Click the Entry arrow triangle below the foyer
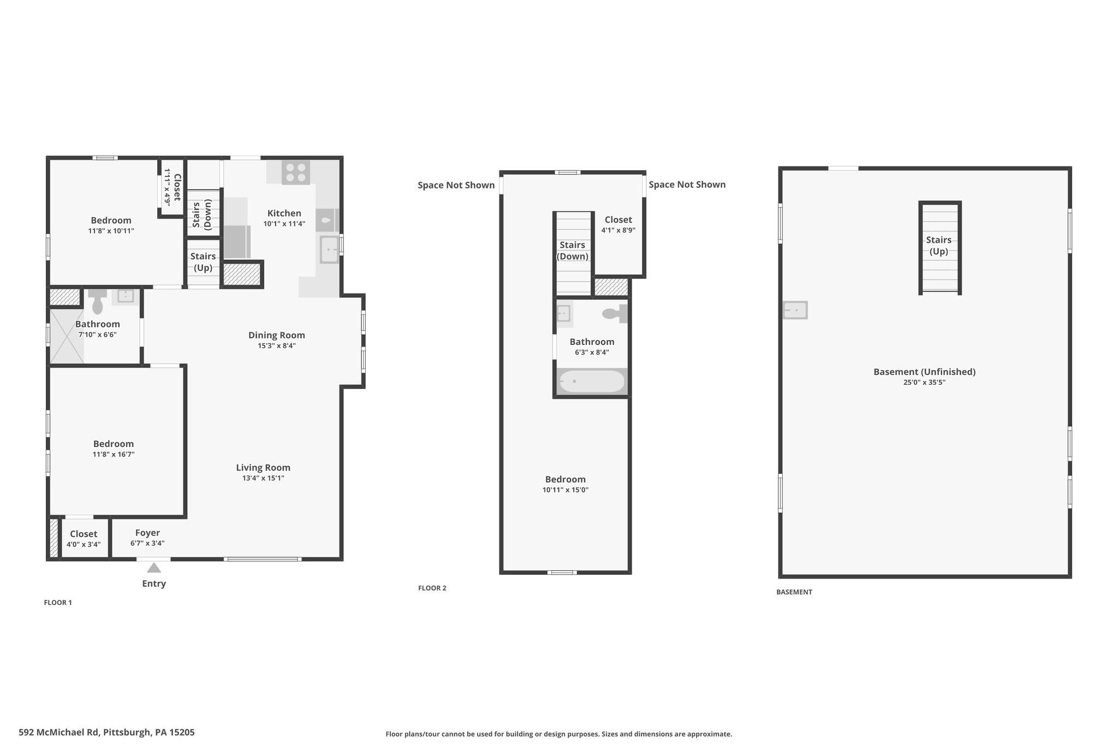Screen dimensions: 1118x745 point(154,568)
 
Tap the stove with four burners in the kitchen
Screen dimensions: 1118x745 point(296,172)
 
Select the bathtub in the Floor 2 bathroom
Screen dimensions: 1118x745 point(592,382)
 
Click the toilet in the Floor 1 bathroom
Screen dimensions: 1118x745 point(98,302)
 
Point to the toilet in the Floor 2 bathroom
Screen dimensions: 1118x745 point(615,314)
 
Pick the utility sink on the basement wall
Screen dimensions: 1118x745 point(795,310)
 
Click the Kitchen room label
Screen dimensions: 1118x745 point(284,213)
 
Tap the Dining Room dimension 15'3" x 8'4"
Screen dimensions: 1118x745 point(277,345)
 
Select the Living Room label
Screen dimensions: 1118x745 point(263,468)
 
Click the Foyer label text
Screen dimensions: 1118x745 point(147,533)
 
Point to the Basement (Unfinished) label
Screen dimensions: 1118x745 point(924,372)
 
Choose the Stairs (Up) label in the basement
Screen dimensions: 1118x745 point(939,246)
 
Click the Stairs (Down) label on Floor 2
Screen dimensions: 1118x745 point(572,251)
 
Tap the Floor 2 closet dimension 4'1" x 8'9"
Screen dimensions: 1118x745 point(619,230)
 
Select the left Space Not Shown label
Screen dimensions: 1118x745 point(456,185)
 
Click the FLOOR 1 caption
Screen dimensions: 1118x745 point(58,603)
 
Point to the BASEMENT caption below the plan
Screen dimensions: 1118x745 point(794,592)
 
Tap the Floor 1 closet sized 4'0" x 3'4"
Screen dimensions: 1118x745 point(84,538)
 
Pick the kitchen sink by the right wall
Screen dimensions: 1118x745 point(329,249)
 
